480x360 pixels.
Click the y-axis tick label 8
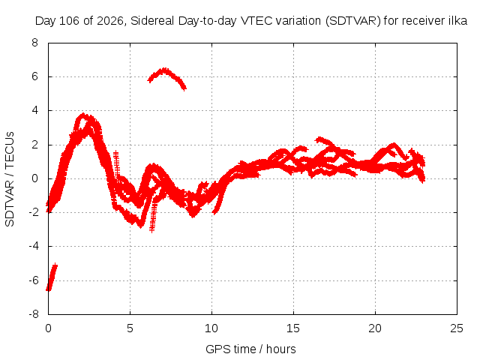pos(34,43)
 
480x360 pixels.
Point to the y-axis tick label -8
pos(34,314)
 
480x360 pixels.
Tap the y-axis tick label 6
pos(34,76)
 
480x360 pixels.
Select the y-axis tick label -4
pos(34,246)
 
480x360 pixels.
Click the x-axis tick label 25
pos(457,328)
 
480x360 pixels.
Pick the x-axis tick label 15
pos(293,328)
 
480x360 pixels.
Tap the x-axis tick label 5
pos(130,328)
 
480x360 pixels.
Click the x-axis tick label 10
pos(211,328)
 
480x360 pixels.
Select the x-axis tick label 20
pos(375,328)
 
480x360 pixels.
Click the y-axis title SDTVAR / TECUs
pos(10,179)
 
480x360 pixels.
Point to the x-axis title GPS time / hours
pos(250,349)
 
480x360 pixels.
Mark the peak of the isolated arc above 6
pos(165,70)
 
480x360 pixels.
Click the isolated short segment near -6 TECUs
pos(52,277)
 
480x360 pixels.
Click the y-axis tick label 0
pos(34,178)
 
